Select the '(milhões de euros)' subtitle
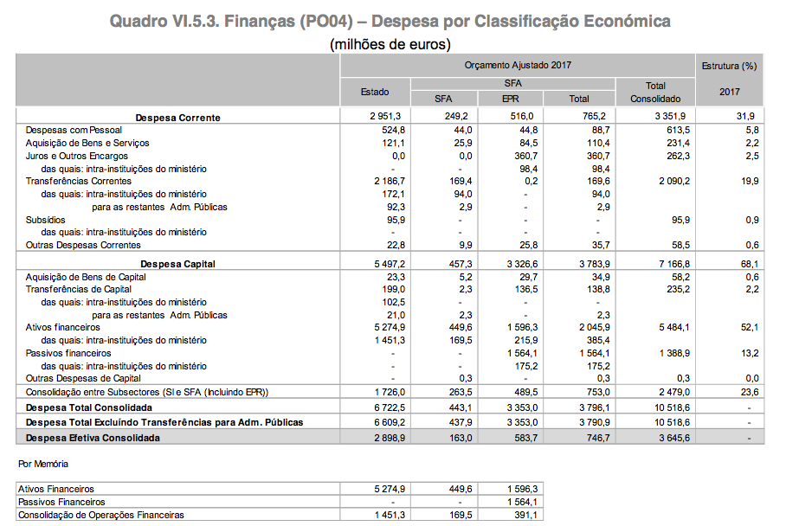pos(390,43)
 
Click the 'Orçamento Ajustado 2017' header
pos(518,65)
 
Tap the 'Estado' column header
pos(375,92)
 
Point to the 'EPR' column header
pos(511,99)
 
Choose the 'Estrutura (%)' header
pos(730,65)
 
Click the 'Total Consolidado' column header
pos(655,92)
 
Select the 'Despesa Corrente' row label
pos(177,117)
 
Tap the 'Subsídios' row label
pos(45,220)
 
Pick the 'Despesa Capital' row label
pos(179,263)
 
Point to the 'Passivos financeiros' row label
pos(68,353)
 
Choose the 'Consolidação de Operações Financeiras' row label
pos(101,515)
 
